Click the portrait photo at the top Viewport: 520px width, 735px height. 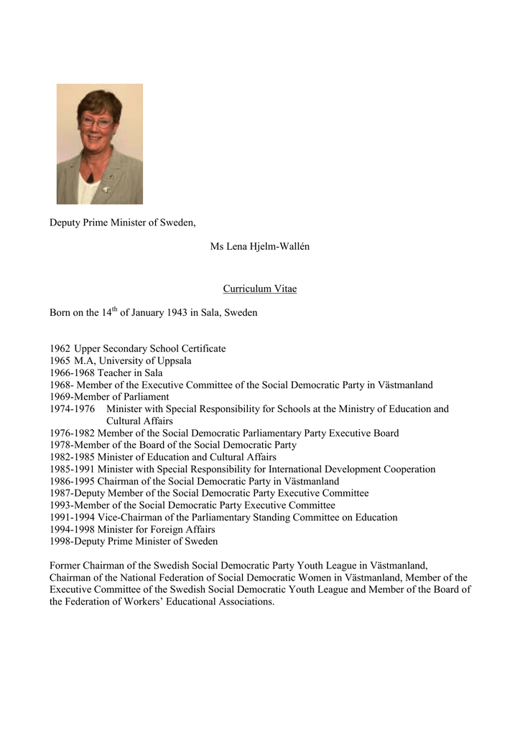[100, 144]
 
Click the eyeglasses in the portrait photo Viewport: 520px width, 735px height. [96, 122]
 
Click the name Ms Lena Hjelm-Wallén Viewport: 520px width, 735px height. [259, 247]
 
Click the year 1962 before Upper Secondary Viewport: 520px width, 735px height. [60, 349]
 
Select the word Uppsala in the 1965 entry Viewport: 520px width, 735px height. [173, 361]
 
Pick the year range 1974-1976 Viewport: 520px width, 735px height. [72, 409]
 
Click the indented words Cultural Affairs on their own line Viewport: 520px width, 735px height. [139, 421]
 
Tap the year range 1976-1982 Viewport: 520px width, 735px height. [72, 434]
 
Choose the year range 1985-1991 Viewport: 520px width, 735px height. [72, 469]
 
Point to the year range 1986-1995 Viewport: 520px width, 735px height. [72, 482]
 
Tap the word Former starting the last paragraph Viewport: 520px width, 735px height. [66, 566]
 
